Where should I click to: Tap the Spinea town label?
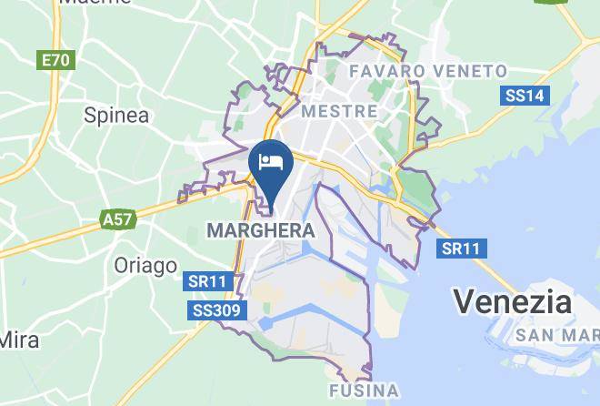tap(115, 115)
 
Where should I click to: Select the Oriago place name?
tap(145, 265)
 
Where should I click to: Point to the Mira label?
tap(18, 340)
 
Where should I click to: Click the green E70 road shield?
tap(55, 60)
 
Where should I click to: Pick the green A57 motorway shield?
tap(115, 219)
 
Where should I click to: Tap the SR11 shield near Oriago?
tap(206, 281)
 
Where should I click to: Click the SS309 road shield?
tap(216, 311)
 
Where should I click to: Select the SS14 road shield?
tap(525, 95)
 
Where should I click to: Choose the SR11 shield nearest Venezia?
tap(462, 248)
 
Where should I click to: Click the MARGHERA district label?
tap(261, 231)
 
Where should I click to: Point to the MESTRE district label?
tap(339, 110)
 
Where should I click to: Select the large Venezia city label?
tap(513, 301)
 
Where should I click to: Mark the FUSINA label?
tap(363, 391)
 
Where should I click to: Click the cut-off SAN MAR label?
tap(556, 336)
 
